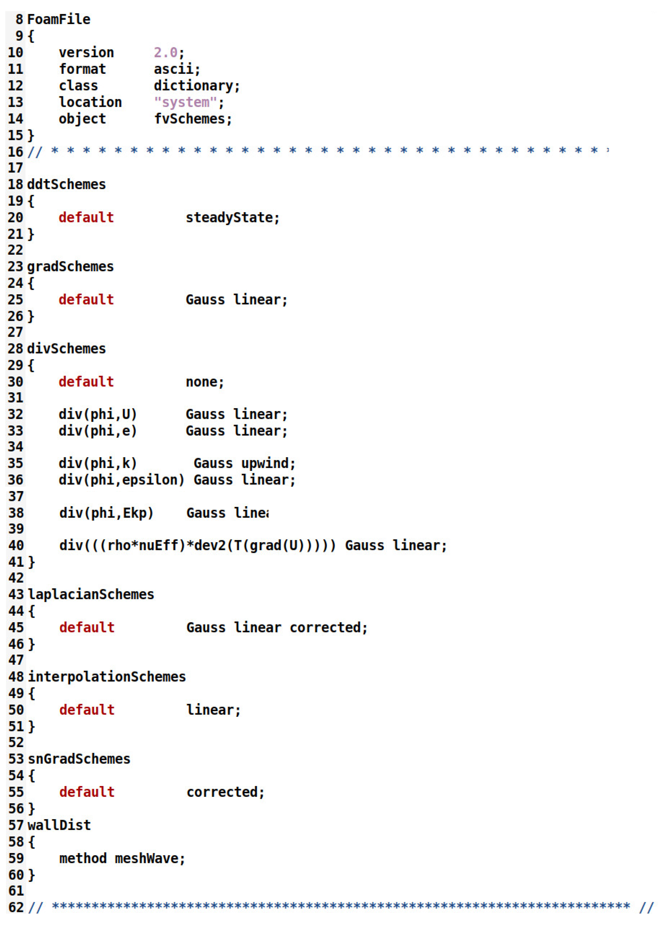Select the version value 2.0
click(165, 53)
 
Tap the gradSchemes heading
click(70, 267)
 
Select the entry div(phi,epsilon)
click(121, 480)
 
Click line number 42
click(16, 578)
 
